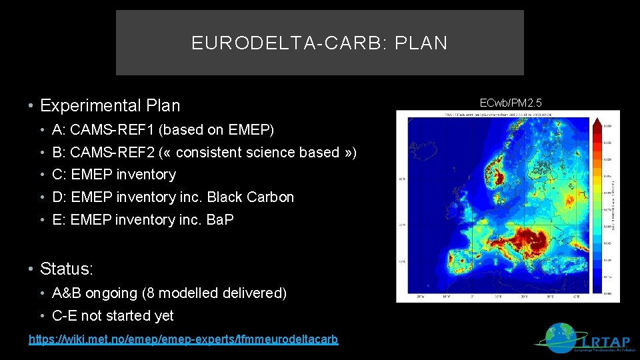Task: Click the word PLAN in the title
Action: (x=421, y=43)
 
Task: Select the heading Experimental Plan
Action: (x=110, y=105)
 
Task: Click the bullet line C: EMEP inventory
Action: (x=113, y=175)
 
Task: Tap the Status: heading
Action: (x=67, y=269)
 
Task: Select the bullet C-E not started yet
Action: (x=112, y=316)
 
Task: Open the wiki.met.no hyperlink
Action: (x=183, y=339)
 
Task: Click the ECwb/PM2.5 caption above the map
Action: (x=511, y=102)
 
